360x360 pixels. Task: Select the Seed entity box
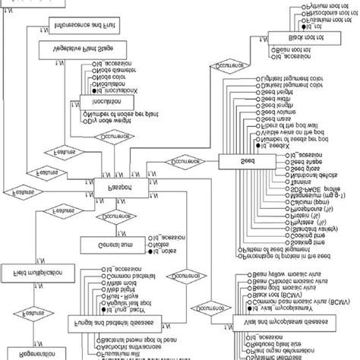tap(248, 161)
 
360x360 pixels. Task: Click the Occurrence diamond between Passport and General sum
tap(114, 216)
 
